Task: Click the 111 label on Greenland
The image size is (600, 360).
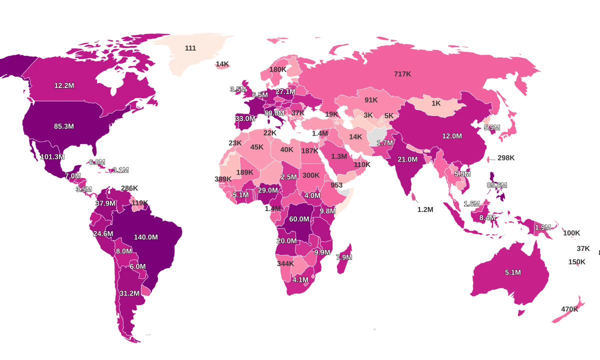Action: click(x=190, y=48)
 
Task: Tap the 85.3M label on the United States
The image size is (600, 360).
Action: click(x=64, y=126)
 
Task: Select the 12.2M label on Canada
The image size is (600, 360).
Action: click(x=64, y=85)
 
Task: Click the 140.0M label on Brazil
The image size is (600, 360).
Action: click(x=146, y=237)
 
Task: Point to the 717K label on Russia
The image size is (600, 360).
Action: click(x=402, y=73)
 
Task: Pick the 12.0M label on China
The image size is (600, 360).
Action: click(x=451, y=135)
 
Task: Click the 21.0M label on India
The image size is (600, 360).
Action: click(x=407, y=159)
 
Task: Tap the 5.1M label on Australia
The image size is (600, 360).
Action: click(x=512, y=272)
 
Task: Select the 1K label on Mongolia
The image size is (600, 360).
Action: click(x=436, y=103)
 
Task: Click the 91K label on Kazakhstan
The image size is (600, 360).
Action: click(x=371, y=99)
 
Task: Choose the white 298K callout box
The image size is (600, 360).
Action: click(x=505, y=157)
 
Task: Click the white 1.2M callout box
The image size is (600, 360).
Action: click(x=425, y=209)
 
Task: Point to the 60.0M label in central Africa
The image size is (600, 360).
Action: click(x=299, y=219)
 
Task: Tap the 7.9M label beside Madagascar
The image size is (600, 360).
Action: click(x=343, y=257)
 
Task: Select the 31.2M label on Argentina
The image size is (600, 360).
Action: click(x=129, y=293)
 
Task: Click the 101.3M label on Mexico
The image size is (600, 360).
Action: click(x=52, y=156)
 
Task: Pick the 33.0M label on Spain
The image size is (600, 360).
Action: click(x=245, y=118)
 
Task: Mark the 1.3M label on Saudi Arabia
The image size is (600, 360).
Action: click(x=339, y=156)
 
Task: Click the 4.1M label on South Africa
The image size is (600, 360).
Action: click(x=300, y=279)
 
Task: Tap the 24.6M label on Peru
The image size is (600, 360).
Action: click(x=103, y=233)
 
